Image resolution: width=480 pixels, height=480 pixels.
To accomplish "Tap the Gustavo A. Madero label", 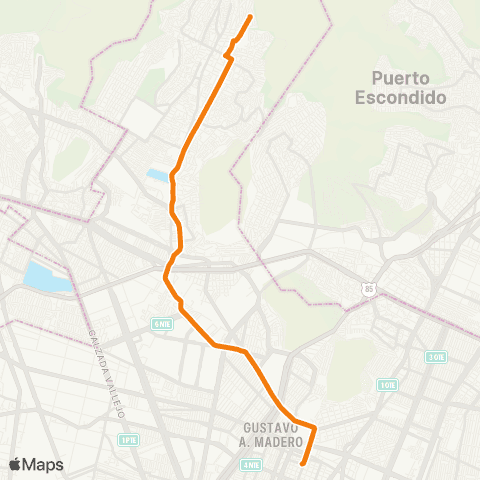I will click(x=272, y=433).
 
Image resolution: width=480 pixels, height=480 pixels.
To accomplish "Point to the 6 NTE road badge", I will click(x=162, y=324).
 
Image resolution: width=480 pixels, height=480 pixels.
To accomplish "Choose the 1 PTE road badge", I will click(x=128, y=440).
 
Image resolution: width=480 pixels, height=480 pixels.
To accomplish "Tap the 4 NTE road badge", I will click(x=251, y=464).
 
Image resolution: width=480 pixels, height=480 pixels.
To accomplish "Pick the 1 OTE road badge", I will click(x=388, y=384).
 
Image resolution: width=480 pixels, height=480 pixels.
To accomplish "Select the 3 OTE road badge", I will click(x=435, y=357).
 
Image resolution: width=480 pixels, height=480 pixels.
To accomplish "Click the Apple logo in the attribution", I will click(x=16, y=464).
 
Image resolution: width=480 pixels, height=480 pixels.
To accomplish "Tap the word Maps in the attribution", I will click(x=44, y=464).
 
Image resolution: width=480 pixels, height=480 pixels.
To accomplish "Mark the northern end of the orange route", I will click(x=250, y=16).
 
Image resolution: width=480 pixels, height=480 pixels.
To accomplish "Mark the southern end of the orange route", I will click(x=303, y=463).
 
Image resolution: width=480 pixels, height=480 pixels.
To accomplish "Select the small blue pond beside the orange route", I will click(x=157, y=175).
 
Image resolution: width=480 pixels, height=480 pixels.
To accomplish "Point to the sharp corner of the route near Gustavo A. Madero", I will click(x=315, y=428).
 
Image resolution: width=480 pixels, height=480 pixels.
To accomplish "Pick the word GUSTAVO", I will click(x=272, y=426).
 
